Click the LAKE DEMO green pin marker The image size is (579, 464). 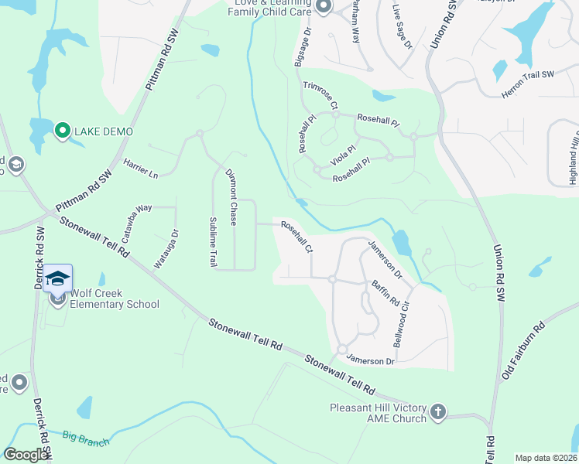(x=62, y=131)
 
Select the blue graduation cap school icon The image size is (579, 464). (x=57, y=278)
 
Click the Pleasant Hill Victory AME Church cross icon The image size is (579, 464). (x=438, y=411)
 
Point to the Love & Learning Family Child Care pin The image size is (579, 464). (x=324, y=7)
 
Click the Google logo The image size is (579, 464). (x=26, y=455)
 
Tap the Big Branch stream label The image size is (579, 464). (x=86, y=438)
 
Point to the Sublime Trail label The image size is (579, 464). (x=213, y=242)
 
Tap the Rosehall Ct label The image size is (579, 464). (x=296, y=237)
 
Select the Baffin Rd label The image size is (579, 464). (x=385, y=292)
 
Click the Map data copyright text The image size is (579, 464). (x=545, y=457)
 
